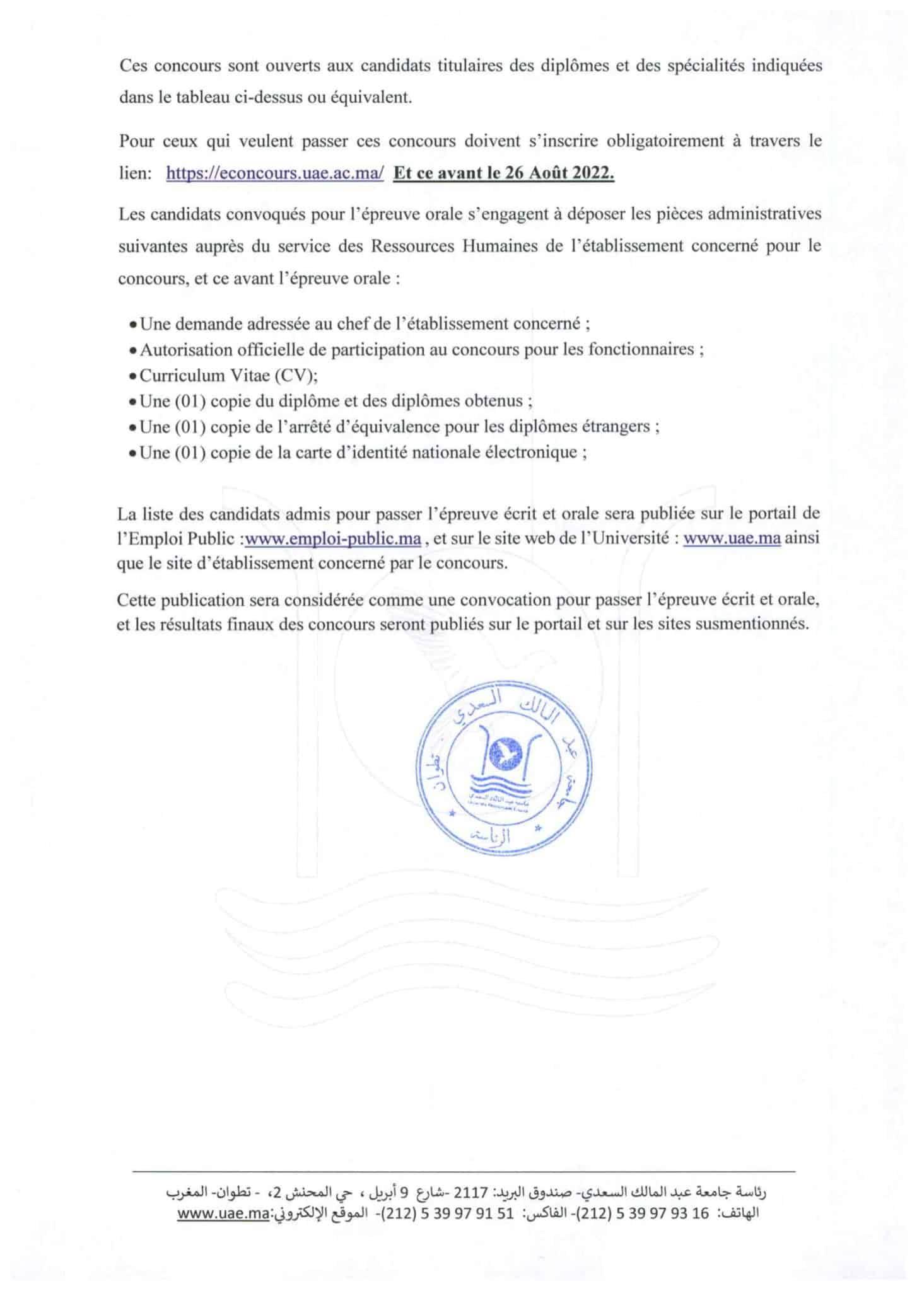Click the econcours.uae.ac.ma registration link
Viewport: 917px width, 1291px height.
(x=275, y=174)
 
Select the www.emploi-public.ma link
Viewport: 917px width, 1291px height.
(x=333, y=539)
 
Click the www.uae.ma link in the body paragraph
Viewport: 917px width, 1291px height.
(x=732, y=539)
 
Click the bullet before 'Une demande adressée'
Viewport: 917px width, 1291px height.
(x=132, y=325)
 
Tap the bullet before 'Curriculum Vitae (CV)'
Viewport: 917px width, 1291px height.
(x=132, y=377)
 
